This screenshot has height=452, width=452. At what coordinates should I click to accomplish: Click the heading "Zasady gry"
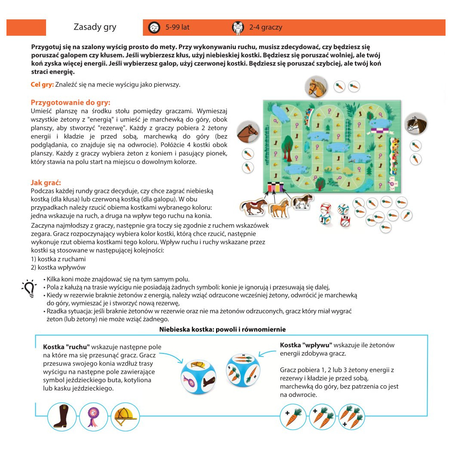tap(95, 27)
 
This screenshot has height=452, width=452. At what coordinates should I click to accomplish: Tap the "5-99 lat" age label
tap(177, 27)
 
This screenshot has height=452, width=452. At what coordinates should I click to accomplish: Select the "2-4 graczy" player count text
tap(266, 27)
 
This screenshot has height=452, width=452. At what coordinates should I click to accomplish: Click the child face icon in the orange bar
tap(154, 28)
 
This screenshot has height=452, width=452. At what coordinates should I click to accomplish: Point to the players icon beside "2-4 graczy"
tap(238, 28)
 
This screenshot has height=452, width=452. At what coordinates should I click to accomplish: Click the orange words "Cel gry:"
tap(42, 84)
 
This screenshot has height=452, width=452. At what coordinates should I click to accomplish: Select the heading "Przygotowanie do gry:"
tap(71, 102)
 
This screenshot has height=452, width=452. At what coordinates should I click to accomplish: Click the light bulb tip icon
tap(29, 288)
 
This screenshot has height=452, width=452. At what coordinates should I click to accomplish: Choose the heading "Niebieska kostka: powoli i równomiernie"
tap(222, 329)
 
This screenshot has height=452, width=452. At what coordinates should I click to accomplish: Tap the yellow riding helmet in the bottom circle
tap(125, 416)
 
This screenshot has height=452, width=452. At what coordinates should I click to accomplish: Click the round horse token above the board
tap(316, 87)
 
